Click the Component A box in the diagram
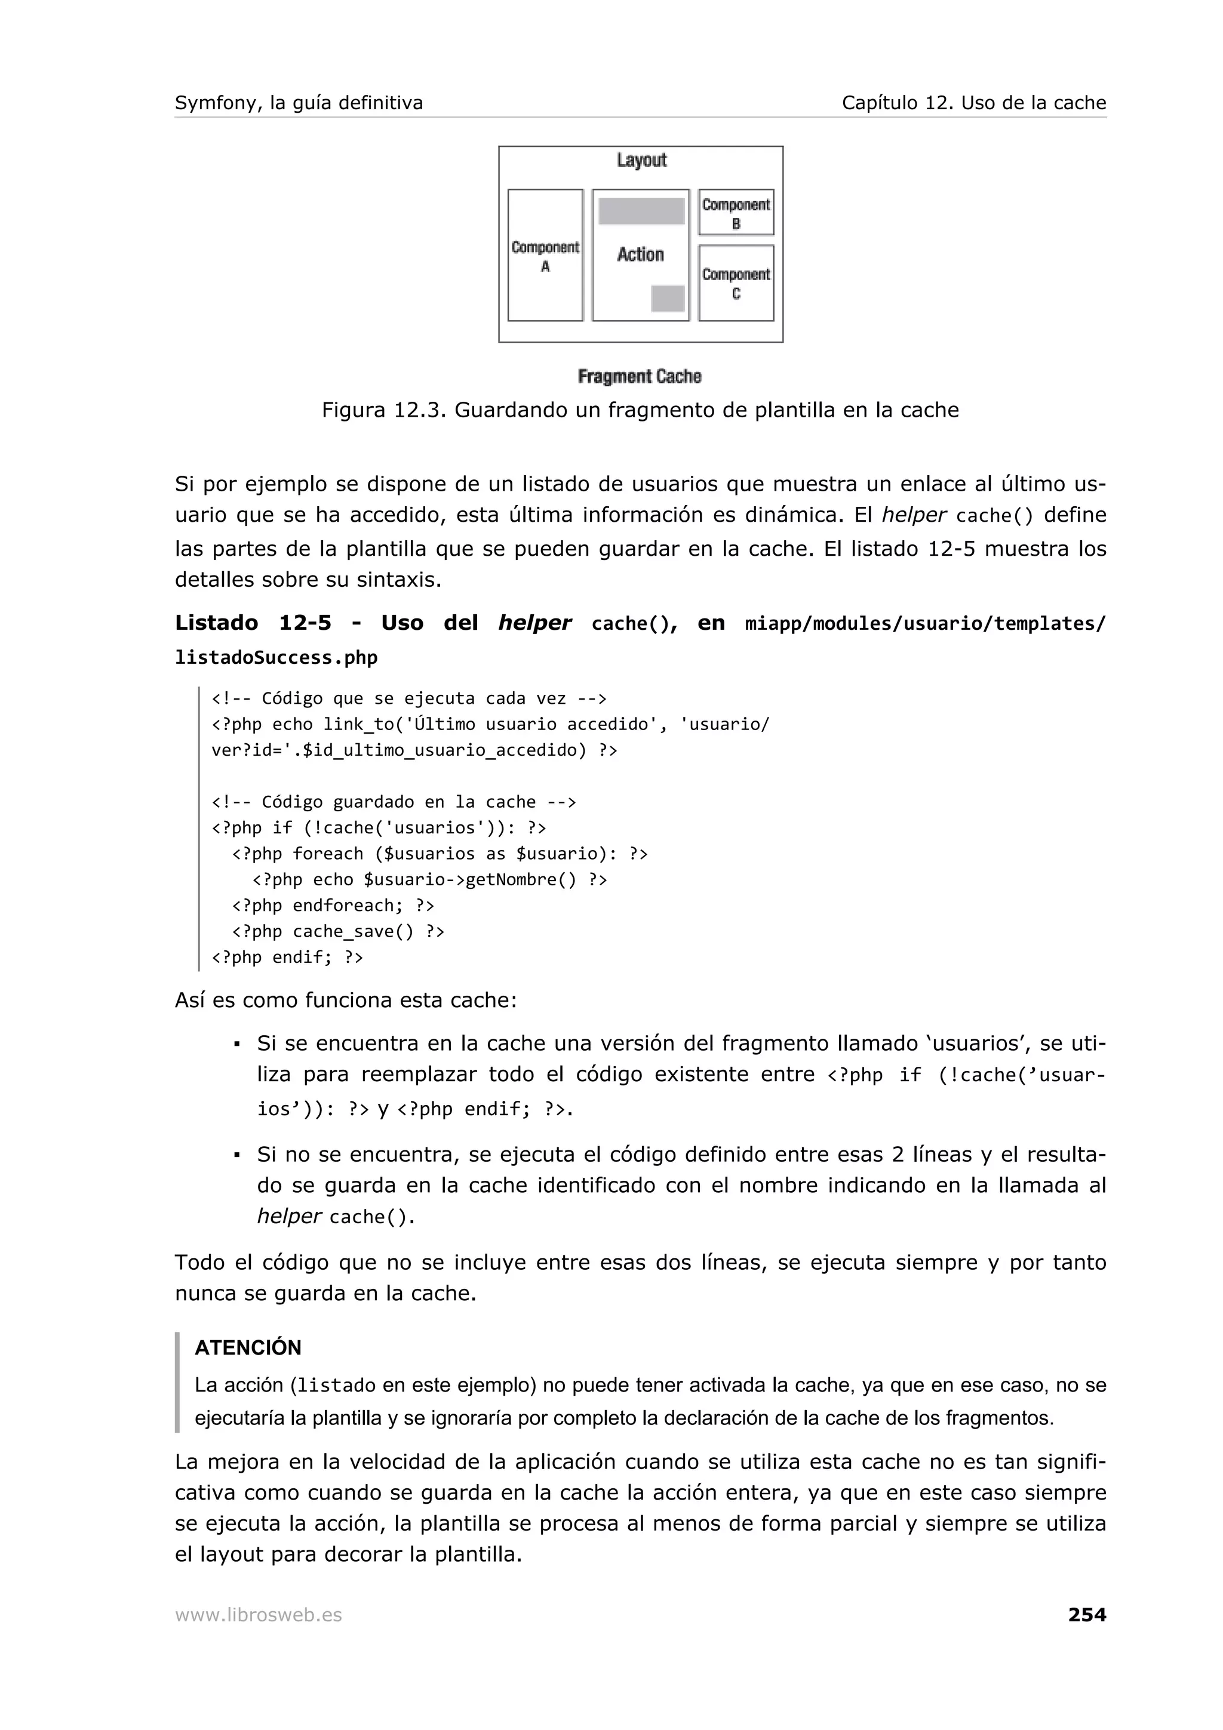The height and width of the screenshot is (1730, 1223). [x=545, y=256]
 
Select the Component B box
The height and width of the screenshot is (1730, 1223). [x=736, y=213]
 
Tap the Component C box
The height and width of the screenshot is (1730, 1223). [x=736, y=284]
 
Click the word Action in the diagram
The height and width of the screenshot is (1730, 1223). [x=641, y=255]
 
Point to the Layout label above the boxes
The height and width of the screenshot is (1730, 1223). [x=641, y=161]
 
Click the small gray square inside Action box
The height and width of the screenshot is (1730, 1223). [x=668, y=298]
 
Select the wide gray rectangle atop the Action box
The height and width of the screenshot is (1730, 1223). [x=641, y=211]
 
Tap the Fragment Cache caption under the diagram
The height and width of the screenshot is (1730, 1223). [x=639, y=376]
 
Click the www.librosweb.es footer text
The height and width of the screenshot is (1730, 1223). [x=259, y=1615]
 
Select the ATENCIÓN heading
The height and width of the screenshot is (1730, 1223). [x=248, y=1347]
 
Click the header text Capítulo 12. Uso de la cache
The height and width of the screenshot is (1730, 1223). [x=973, y=103]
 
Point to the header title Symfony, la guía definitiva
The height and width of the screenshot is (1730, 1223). [x=299, y=103]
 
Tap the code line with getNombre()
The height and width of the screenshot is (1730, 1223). [x=429, y=879]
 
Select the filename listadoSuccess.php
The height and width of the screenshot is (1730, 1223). [x=276, y=658]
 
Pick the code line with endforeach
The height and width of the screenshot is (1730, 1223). [x=333, y=905]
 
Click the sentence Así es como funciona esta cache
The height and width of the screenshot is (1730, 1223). [x=346, y=1000]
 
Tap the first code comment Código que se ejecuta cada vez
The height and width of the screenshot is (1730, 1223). [x=408, y=698]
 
